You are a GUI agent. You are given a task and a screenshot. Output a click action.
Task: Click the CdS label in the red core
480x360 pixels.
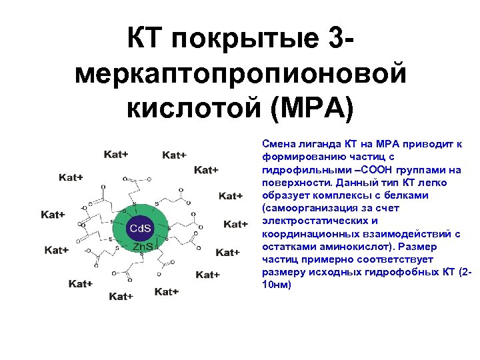click(x=140, y=229)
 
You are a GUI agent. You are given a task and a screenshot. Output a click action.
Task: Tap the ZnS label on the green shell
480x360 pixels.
click(x=142, y=247)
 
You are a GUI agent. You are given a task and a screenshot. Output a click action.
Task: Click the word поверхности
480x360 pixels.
click(x=294, y=182)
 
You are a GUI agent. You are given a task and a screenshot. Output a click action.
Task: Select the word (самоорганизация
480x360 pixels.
click(x=307, y=207)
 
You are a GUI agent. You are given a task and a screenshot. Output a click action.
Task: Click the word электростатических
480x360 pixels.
click(x=310, y=220)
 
